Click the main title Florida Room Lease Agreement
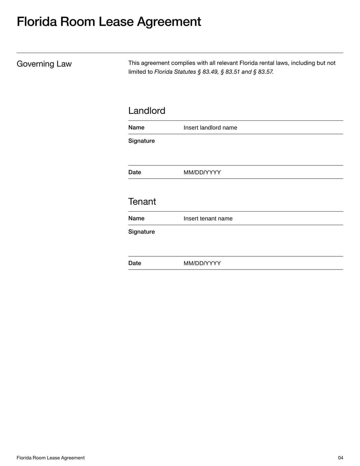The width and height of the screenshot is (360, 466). pyautogui.click(x=109, y=22)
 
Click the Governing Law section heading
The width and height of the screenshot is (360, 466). pyautogui.click(x=44, y=64)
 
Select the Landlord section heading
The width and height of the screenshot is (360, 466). pyautogui.click(x=147, y=111)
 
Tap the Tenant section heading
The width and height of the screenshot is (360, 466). pyautogui.click(x=142, y=202)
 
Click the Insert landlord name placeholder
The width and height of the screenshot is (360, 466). pyautogui.click(x=210, y=128)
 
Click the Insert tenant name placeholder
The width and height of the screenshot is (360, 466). pyautogui.click(x=208, y=219)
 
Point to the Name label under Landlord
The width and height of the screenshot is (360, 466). pyautogui.click(x=136, y=127)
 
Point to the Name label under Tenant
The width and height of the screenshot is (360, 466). pyautogui.click(x=136, y=218)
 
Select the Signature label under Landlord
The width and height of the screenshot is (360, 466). pyautogui.click(x=141, y=141)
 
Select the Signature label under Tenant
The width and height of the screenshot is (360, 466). pyautogui.click(x=141, y=232)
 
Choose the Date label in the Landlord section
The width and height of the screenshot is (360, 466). pyautogui.click(x=135, y=172)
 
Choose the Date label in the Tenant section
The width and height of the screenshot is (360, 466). pyautogui.click(x=135, y=263)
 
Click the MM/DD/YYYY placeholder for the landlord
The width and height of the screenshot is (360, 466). pyautogui.click(x=202, y=173)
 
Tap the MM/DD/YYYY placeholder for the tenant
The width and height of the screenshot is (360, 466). pyautogui.click(x=202, y=264)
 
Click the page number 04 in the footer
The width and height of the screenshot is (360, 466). pyautogui.click(x=340, y=458)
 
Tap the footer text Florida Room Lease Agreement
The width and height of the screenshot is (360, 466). pyautogui.click(x=50, y=458)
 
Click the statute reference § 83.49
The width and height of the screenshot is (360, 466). pyautogui.click(x=207, y=72)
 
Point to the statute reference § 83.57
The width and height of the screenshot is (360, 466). pyautogui.click(x=263, y=72)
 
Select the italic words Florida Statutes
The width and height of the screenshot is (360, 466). pyautogui.click(x=175, y=72)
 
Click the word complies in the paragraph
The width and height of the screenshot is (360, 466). pyautogui.click(x=183, y=63)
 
